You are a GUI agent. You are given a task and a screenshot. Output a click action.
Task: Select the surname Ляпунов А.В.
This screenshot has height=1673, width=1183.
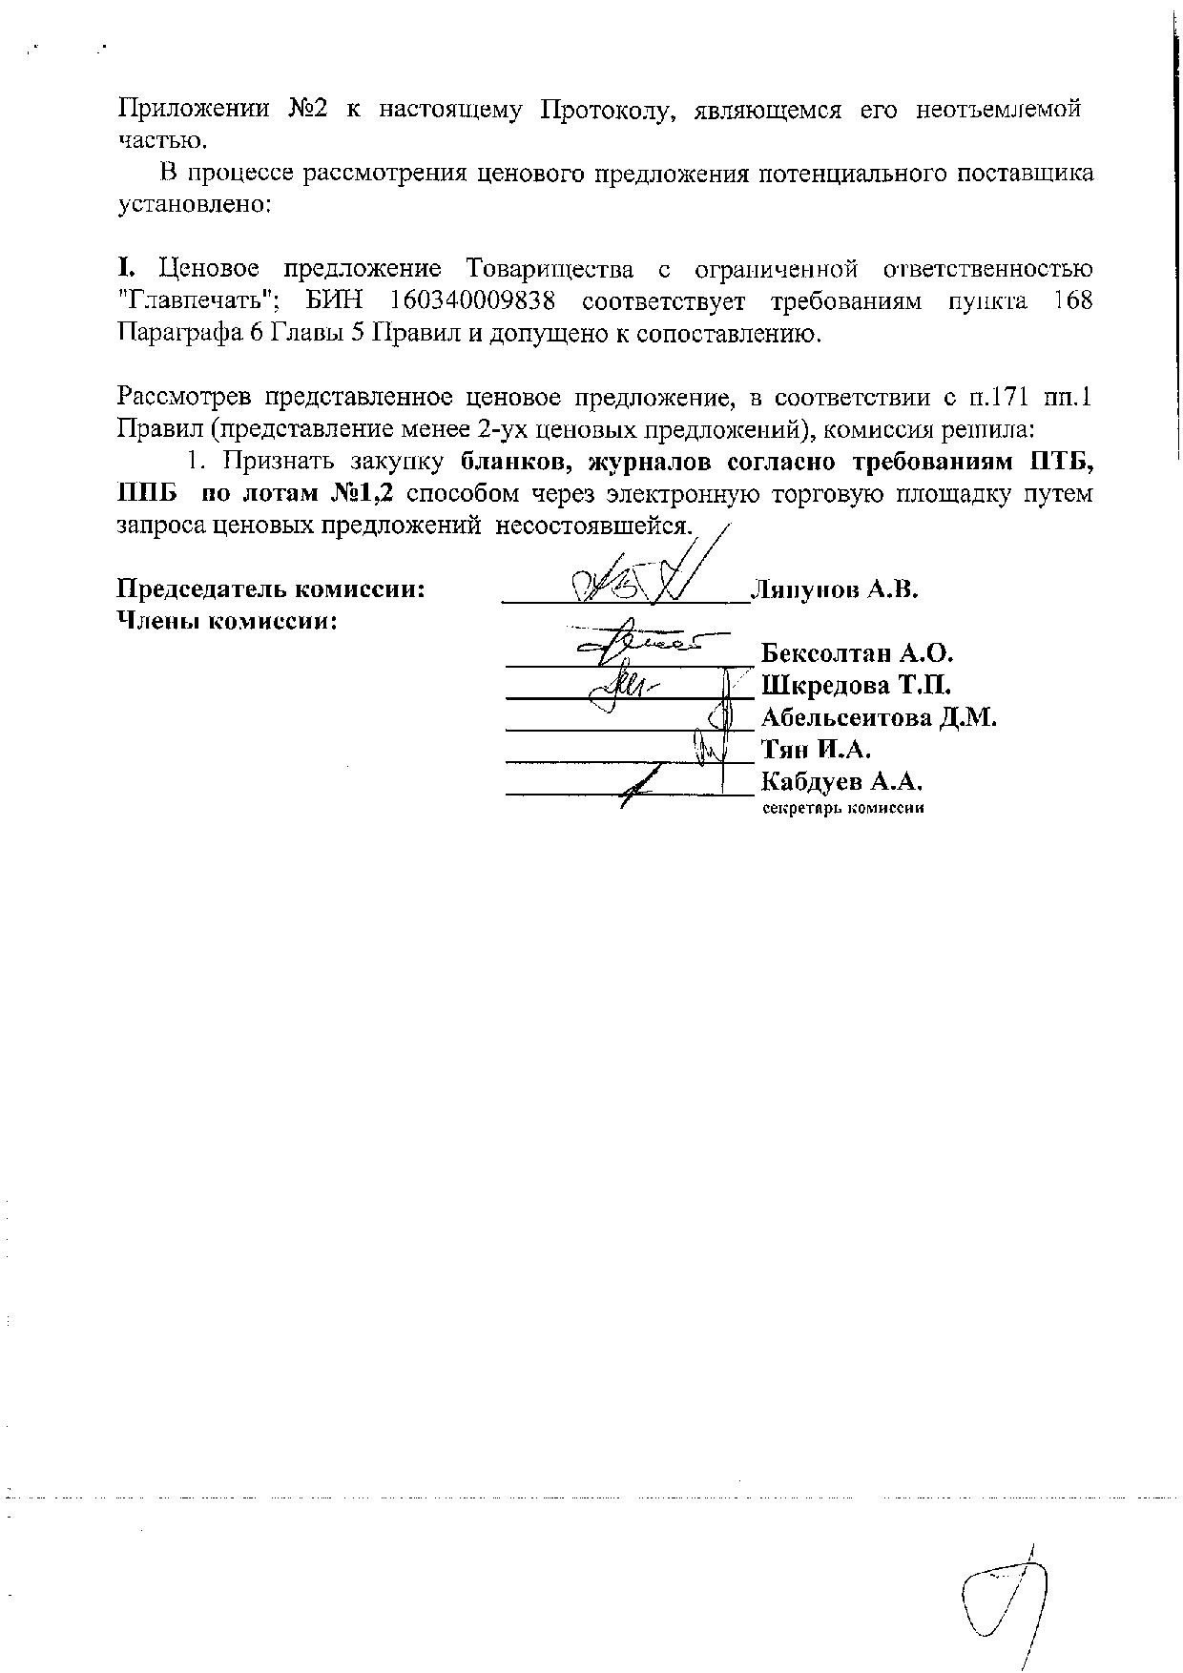[835, 589]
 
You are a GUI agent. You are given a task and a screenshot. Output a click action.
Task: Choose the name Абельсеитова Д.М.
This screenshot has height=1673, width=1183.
[879, 717]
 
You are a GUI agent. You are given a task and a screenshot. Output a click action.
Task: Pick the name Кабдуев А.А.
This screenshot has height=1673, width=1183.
[843, 782]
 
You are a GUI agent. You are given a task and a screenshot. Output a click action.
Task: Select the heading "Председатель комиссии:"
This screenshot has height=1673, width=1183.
[271, 589]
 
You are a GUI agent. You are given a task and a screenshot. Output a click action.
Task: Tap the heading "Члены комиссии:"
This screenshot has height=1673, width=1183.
[229, 621]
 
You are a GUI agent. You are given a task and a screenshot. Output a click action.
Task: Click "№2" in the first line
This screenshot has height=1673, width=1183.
[307, 109]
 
